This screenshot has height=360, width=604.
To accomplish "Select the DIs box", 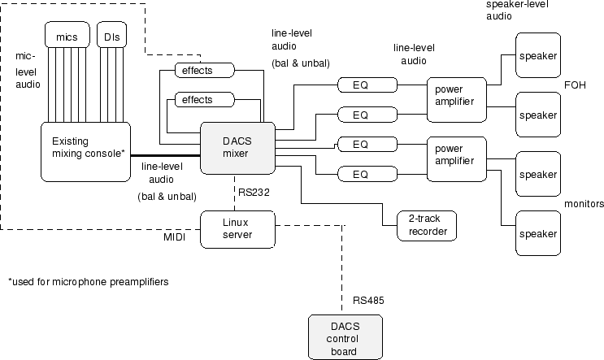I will click(x=110, y=36).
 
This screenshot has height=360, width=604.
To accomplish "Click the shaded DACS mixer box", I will click(x=238, y=146).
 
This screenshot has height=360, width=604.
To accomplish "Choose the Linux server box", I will click(x=237, y=228).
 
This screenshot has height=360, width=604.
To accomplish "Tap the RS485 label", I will click(x=368, y=301).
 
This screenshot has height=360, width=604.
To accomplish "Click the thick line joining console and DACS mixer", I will click(x=167, y=155).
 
